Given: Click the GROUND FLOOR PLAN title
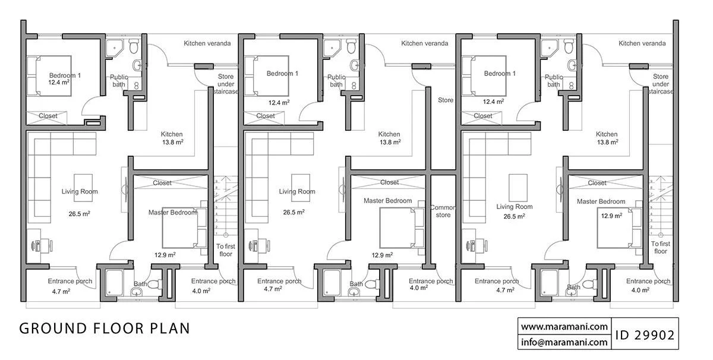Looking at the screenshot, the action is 105,329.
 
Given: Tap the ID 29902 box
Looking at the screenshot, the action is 645,334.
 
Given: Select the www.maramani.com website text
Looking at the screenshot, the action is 564,327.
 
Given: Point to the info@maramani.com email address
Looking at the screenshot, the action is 564,342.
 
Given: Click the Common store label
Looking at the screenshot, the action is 443,211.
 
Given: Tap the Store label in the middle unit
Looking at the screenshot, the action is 445,100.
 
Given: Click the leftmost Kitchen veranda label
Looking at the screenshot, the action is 207,43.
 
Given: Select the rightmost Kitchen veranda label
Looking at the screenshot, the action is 642,43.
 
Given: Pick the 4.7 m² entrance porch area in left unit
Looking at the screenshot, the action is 61,291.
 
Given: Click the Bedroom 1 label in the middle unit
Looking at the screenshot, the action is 282,74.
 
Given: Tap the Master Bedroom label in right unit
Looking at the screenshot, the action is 601,201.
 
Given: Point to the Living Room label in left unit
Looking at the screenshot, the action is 80,191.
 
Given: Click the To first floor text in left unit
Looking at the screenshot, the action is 226,250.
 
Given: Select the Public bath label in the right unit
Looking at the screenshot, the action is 554,81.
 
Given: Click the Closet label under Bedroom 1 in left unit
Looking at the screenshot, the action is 48,116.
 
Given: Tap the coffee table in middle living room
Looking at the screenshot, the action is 301,188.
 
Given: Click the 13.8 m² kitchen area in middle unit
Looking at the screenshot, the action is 390,142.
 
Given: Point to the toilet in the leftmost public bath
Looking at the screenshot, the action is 134,46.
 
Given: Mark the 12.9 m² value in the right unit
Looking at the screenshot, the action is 611,216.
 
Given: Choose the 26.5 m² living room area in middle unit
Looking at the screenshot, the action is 294,212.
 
